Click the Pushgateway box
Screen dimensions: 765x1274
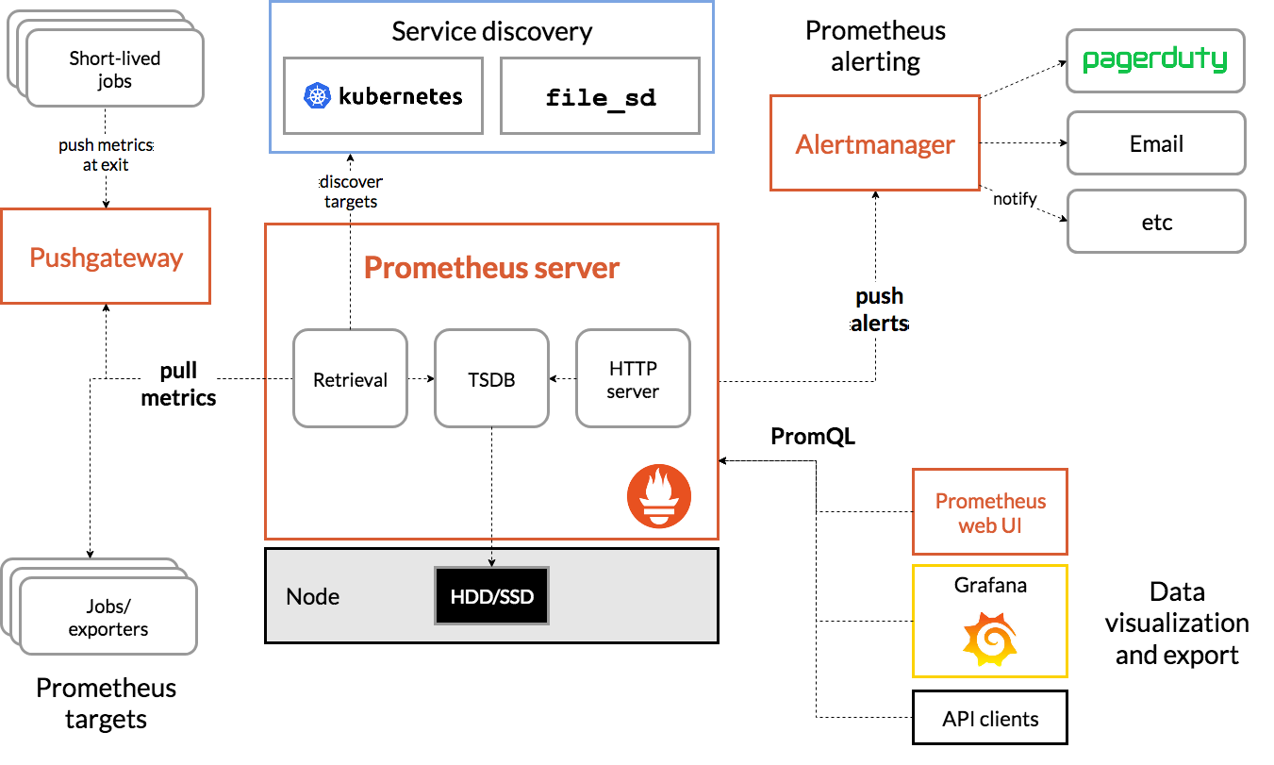coord(106,257)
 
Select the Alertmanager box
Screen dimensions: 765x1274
coord(875,143)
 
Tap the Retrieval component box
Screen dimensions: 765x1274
coord(351,378)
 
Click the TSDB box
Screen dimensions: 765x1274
coord(491,378)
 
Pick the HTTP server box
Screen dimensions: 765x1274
coord(633,378)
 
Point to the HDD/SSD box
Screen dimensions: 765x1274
coord(491,596)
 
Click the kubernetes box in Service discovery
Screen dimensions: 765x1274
coord(384,95)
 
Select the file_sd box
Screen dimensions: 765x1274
coord(601,95)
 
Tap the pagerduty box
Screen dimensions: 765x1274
coord(1155,60)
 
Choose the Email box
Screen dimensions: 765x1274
coord(1156,143)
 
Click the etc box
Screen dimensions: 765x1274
coord(1156,222)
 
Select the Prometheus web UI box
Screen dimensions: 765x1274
coord(990,512)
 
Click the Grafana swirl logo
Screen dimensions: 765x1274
coord(989,640)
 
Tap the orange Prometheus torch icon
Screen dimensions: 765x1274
coord(659,496)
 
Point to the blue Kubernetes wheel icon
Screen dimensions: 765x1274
coord(318,95)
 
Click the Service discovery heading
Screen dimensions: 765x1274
coord(491,31)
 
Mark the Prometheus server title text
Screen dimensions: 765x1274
coord(491,268)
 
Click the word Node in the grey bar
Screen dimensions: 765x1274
coord(312,597)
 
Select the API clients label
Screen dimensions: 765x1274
coord(990,720)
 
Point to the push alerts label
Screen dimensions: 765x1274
coord(879,309)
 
